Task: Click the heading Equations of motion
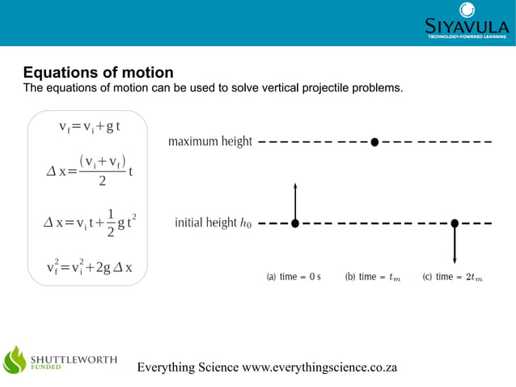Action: (x=98, y=73)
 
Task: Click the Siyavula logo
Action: (x=467, y=22)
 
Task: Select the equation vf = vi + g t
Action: (x=89, y=127)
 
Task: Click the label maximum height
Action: (x=210, y=142)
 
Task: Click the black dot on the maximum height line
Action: (x=374, y=142)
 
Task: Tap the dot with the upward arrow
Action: (x=295, y=223)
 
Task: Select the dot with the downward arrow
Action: (x=455, y=223)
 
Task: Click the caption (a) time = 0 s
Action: (x=294, y=277)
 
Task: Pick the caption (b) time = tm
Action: (x=372, y=277)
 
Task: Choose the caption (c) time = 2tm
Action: (x=452, y=277)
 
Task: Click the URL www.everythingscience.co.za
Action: (x=320, y=368)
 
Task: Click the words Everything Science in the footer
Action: (x=188, y=368)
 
